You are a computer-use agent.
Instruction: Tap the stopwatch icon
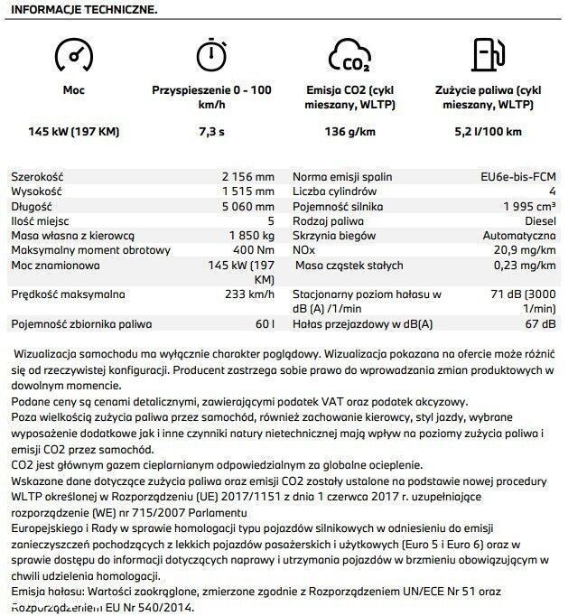210,54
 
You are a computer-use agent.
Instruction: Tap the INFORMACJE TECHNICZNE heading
82,10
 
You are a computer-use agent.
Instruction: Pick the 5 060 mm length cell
247,205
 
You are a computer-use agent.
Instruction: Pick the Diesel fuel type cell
540,219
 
